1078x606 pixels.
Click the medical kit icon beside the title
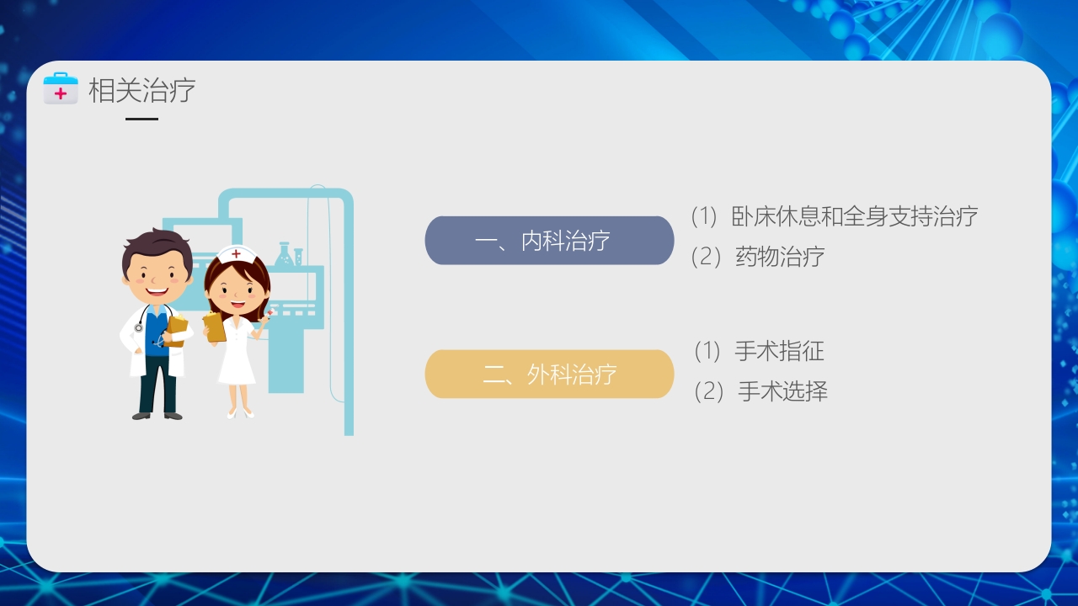point(60,89)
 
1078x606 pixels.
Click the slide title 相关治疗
point(141,90)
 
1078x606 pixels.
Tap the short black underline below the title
point(141,119)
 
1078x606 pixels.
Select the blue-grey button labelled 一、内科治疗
point(549,241)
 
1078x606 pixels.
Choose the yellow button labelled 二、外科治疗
point(549,374)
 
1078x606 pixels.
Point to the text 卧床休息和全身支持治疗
point(855,216)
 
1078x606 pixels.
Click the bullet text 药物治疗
point(780,257)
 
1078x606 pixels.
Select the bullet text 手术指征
point(779,351)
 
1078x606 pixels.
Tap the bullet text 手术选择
point(782,391)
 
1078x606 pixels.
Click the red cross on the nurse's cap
point(237,254)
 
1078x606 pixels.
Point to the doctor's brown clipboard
point(177,330)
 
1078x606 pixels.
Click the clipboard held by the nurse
point(215,327)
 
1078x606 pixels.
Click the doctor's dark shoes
point(157,414)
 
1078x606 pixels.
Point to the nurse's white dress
point(237,358)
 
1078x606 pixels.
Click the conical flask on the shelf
point(284,256)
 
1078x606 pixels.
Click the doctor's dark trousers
point(157,383)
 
